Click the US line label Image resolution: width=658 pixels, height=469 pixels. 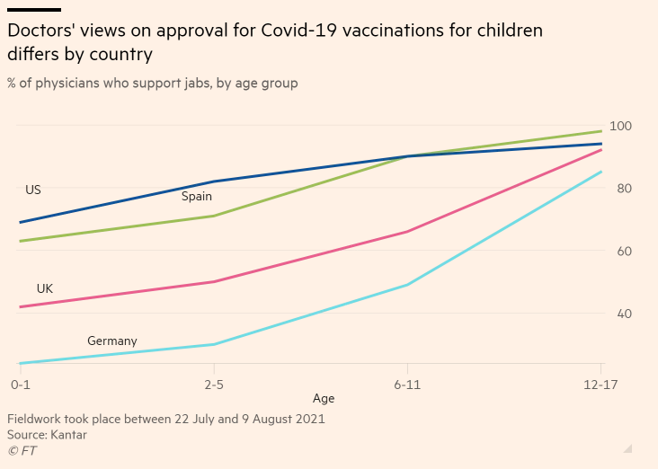33,190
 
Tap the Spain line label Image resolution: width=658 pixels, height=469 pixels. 197,196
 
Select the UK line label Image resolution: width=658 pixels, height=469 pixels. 45,289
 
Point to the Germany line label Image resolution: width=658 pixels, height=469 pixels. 112,341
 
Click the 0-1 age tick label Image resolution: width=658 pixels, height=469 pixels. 20,384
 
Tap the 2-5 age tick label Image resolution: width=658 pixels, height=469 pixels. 213,384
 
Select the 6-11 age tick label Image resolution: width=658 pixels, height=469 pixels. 407,384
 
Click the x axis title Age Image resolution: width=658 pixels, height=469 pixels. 324,398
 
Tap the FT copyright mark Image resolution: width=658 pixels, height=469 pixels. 22,451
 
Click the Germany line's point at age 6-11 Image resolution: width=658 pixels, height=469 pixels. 407,285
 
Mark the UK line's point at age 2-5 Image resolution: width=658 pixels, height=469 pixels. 213,282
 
